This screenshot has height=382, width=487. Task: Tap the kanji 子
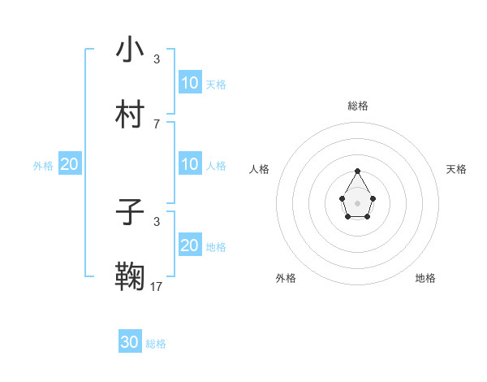pyautogui.click(x=130, y=213)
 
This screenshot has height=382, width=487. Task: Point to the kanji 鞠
pyautogui.click(x=130, y=277)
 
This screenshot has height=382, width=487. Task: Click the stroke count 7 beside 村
pyautogui.click(x=157, y=124)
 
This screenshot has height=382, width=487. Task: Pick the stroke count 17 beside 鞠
pyautogui.click(x=157, y=286)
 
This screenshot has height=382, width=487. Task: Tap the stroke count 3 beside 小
pyautogui.click(x=157, y=59)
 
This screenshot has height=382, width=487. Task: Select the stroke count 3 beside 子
pyautogui.click(x=157, y=221)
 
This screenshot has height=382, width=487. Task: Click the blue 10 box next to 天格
pyautogui.click(x=190, y=83)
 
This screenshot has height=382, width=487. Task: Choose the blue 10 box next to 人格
pyautogui.click(x=190, y=164)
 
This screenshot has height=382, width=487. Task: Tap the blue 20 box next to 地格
pyautogui.click(x=190, y=245)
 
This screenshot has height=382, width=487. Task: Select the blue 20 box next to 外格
pyautogui.click(x=70, y=164)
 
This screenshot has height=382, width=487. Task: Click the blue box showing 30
pyautogui.click(x=130, y=342)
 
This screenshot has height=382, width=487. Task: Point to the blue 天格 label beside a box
pyautogui.click(x=216, y=84)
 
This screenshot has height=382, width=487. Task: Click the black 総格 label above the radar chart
pyautogui.click(x=358, y=106)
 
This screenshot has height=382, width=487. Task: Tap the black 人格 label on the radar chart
pyautogui.click(x=260, y=169)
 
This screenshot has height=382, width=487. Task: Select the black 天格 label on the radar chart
pyautogui.click(x=456, y=169)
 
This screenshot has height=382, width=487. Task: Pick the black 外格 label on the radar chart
pyautogui.click(x=286, y=278)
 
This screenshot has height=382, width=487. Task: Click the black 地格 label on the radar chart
pyautogui.click(x=425, y=278)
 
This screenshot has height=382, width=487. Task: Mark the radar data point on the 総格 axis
pyautogui.click(x=357, y=171)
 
